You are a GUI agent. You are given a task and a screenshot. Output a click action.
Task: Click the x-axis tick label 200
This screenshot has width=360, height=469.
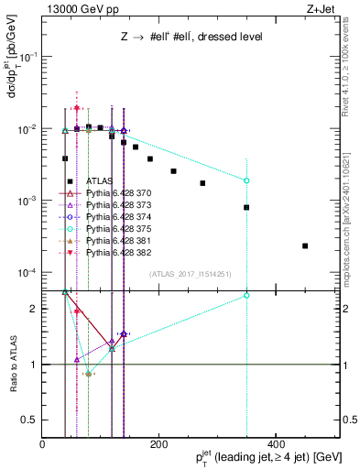point(158,444)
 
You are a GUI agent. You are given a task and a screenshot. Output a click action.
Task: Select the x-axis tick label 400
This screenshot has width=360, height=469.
point(275,444)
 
